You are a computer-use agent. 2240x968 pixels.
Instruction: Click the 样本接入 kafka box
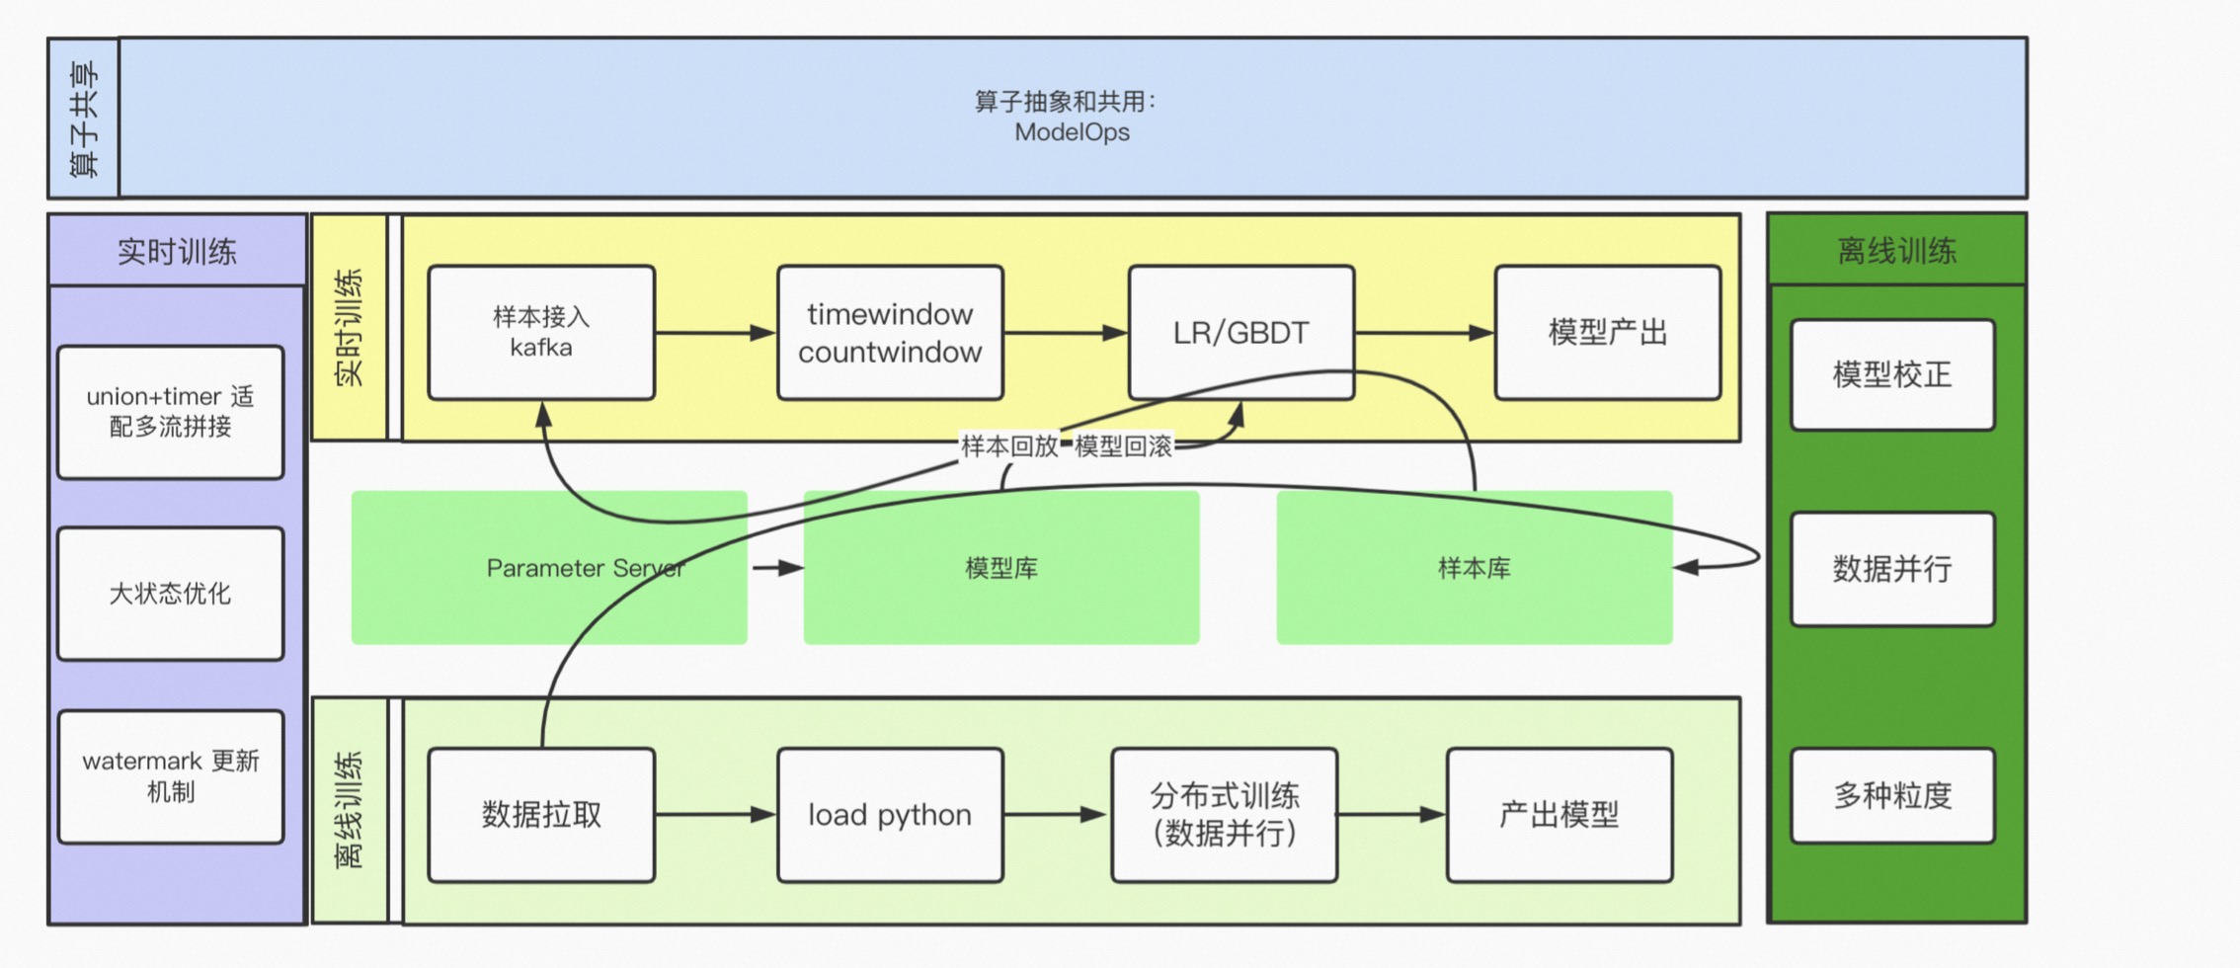(x=541, y=333)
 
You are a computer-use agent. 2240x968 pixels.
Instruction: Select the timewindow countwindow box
(x=890, y=333)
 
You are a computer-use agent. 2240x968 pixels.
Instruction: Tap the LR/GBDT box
(x=1240, y=333)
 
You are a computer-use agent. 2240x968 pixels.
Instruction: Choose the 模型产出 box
(x=1607, y=333)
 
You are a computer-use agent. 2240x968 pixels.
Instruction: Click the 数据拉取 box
(x=541, y=815)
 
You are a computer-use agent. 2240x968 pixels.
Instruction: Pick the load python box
(x=890, y=815)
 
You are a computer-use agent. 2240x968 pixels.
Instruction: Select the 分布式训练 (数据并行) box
(x=1224, y=815)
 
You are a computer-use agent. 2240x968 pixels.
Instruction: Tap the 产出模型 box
(x=1559, y=815)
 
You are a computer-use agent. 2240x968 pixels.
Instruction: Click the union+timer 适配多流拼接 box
(x=170, y=412)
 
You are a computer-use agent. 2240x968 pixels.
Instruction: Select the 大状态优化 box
(x=170, y=594)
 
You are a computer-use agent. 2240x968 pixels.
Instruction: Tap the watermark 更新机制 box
(x=170, y=776)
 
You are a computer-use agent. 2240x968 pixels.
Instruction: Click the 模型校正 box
(x=1891, y=375)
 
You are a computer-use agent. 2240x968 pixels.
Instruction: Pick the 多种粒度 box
(x=1891, y=795)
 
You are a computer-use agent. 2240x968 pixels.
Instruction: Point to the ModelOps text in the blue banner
(x=1072, y=132)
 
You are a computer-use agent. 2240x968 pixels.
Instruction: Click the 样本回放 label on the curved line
(x=1008, y=446)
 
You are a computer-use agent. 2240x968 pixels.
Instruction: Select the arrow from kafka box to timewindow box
(x=715, y=333)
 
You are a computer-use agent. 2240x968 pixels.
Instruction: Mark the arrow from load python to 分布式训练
(x=1056, y=815)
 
